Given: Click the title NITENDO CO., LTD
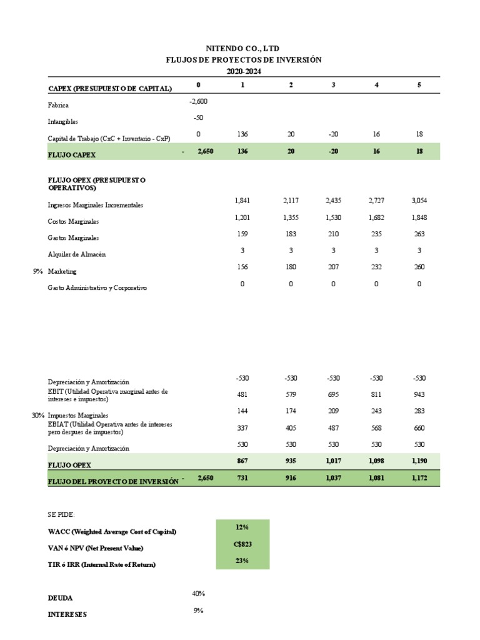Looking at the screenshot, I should coord(243,48).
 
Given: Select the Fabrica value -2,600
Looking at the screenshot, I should coord(198,101).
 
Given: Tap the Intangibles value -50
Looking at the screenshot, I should coord(198,117).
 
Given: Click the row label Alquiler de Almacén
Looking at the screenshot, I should coord(77,254).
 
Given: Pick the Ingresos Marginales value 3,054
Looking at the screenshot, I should coord(418,200).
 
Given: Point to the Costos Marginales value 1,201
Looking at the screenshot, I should coord(242,217).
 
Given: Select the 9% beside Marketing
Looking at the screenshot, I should coord(38,271).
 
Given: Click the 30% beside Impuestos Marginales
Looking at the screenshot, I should coord(38,415).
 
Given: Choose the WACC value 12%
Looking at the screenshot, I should coord(242,527).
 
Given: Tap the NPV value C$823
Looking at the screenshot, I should coord(242,544).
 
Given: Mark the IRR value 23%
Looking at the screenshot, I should coord(242,561).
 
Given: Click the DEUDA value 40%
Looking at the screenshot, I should coord(198,594).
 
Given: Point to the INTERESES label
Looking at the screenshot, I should coord(67,614).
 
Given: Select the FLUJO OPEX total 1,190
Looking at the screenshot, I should coord(418,461).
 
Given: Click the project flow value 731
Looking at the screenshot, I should coord(242,477).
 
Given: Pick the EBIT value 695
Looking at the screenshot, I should coord(333,394).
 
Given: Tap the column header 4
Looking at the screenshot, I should coord(376,84).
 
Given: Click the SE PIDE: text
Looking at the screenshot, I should coord(61,514).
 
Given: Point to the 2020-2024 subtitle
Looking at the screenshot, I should coord(243,71).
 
